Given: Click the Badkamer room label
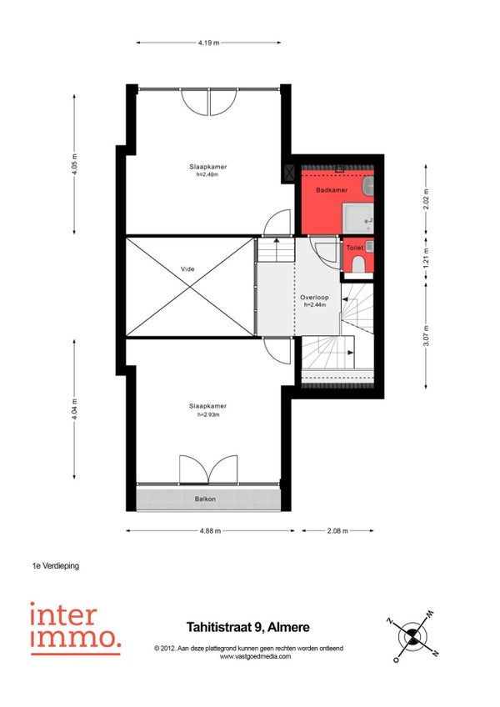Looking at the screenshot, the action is tap(332, 190).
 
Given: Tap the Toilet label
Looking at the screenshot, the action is tap(354, 248).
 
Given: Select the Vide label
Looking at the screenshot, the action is tap(187, 269).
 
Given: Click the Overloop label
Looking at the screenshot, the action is tap(314, 298).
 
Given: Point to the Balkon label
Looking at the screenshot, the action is tap(205, 499).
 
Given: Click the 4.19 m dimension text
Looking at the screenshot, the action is tap(208, 43).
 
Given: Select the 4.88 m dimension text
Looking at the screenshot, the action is tap(211, 531).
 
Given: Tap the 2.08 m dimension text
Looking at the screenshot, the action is tap(337, 531).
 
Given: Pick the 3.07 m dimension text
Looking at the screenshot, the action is tap(427, 335).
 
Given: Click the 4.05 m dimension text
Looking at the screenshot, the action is tap(74, 164).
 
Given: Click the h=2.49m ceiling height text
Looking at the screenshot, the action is tap(207, 174).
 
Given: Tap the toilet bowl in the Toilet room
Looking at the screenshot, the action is tap(358, 265).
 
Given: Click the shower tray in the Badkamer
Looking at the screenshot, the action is tap(358, 218).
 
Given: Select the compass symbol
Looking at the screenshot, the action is tap(412, 637).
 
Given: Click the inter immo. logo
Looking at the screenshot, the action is tap(75, 628).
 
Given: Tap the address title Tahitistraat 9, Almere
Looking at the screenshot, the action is tap(248, 627).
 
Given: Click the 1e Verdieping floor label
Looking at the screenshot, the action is tap(56, 566).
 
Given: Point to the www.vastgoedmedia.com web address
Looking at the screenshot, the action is tap(255, 656).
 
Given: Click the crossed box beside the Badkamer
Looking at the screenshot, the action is tap(288, 172).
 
